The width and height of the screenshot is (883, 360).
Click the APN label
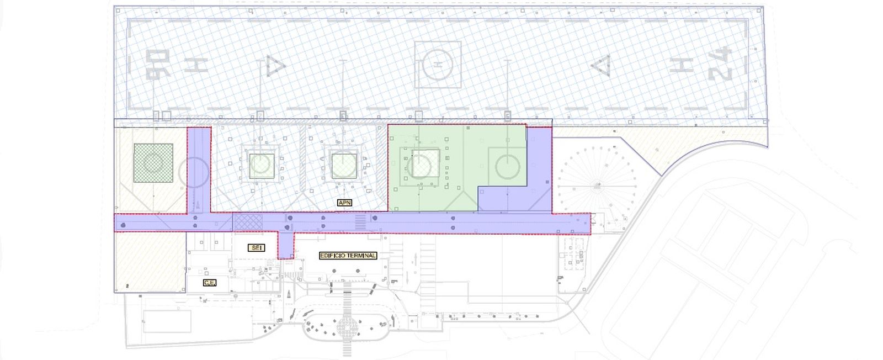[344, 203]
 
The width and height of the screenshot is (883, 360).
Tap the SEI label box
[256, 247]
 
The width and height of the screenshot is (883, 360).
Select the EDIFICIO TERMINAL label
[348, 256]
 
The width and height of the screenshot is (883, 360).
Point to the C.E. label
[210, 283]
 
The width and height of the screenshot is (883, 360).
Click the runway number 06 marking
[158, 64]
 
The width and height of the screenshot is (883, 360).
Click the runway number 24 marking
[720, 64]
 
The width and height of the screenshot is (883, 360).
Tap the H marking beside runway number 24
[682, 64]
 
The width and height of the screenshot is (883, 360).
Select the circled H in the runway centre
[438, 65]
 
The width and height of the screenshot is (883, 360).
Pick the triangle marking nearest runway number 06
[275, 66]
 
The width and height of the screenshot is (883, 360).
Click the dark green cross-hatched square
[153, 163]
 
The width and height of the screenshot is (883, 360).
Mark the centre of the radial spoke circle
[598, 184]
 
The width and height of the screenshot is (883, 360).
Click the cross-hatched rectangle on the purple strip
[247, 223]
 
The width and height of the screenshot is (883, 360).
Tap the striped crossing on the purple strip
[360, 222]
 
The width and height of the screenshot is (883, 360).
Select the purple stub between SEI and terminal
[286, 245]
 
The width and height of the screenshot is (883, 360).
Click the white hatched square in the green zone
[425, 163]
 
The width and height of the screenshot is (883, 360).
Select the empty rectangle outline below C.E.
[167, 321]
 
